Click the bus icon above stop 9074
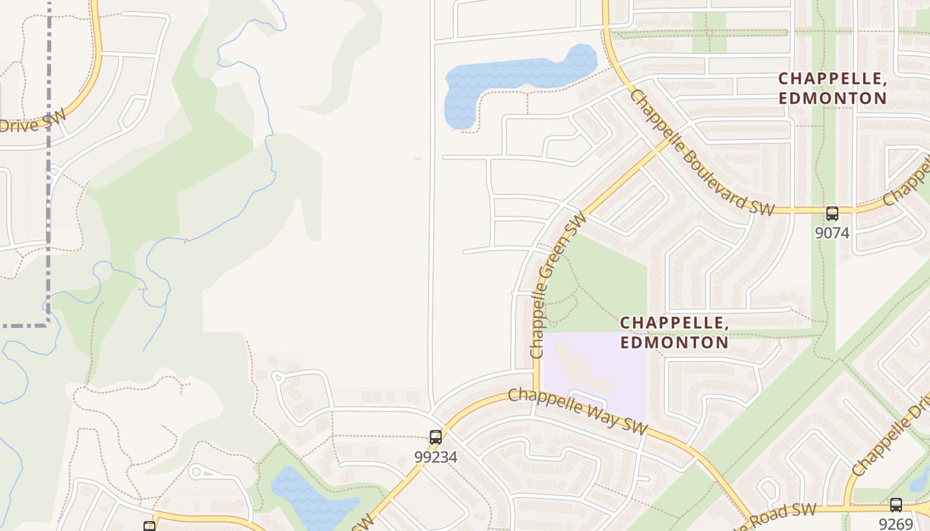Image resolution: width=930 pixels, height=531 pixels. (x=832, y=214)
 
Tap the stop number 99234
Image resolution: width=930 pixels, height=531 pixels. (x=435, y=457)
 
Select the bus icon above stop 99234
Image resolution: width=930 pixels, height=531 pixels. (x=435, y=437)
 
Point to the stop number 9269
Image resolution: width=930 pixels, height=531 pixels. (x=895, y=524)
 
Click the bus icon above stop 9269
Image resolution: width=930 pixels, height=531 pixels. (x=895, y=505)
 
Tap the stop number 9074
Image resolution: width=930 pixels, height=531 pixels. (x=832, y=233)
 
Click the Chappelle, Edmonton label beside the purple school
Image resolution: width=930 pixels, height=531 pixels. (x=674, y=333)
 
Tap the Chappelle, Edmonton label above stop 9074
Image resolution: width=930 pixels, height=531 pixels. (x=832, y=88)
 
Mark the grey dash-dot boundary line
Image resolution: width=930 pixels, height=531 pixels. (x=48, y=166)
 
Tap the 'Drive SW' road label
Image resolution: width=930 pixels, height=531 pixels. (x=33, y=123)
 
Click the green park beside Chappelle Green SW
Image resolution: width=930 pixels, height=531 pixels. (x=598, y=285)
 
